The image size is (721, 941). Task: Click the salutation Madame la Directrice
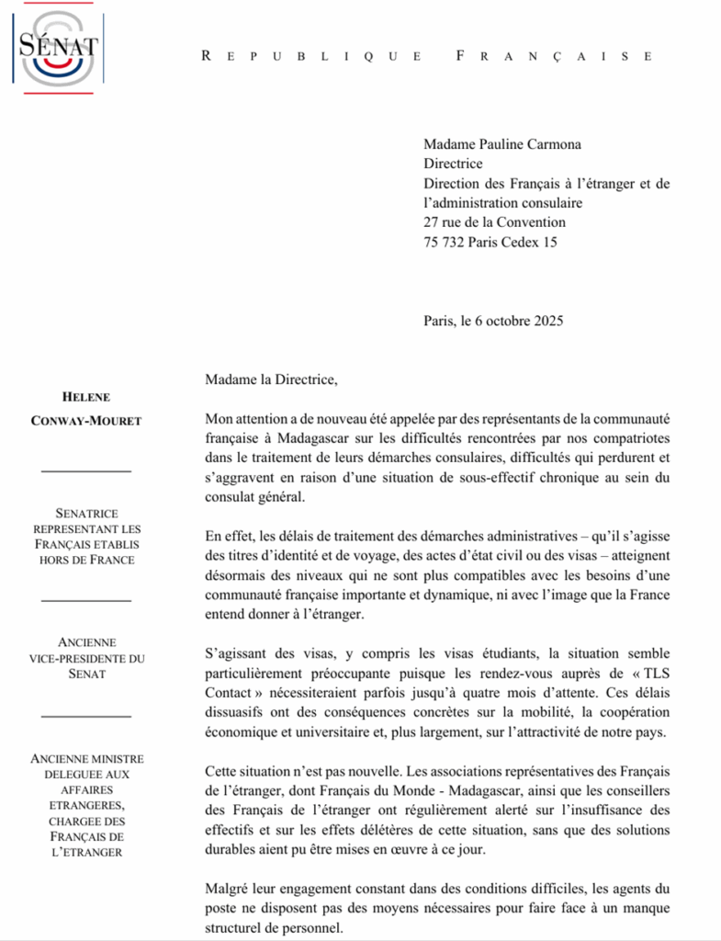(265, 379)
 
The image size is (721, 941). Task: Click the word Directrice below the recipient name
(453, 164)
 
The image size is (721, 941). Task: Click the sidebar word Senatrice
(86, 515)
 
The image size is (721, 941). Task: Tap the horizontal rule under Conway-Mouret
(86, 470)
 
